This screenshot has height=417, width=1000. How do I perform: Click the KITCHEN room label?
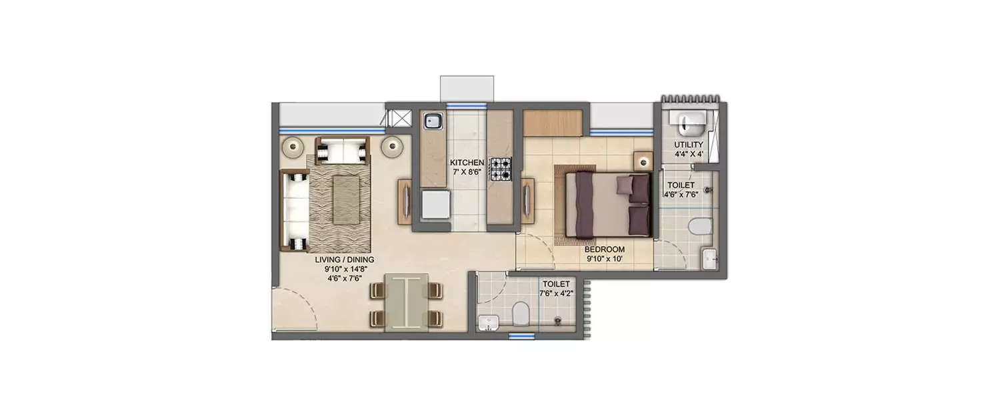(466, 163)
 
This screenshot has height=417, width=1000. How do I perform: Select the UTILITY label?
(689, 145)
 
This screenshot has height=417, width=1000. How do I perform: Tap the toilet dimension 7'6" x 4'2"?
(557, 292)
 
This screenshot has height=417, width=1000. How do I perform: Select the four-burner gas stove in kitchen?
(501, 169)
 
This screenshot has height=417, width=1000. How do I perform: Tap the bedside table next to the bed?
(642, 161)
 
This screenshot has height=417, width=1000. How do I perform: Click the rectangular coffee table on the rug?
(345, 199)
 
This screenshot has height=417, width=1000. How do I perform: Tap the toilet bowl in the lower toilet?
(521, 311)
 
